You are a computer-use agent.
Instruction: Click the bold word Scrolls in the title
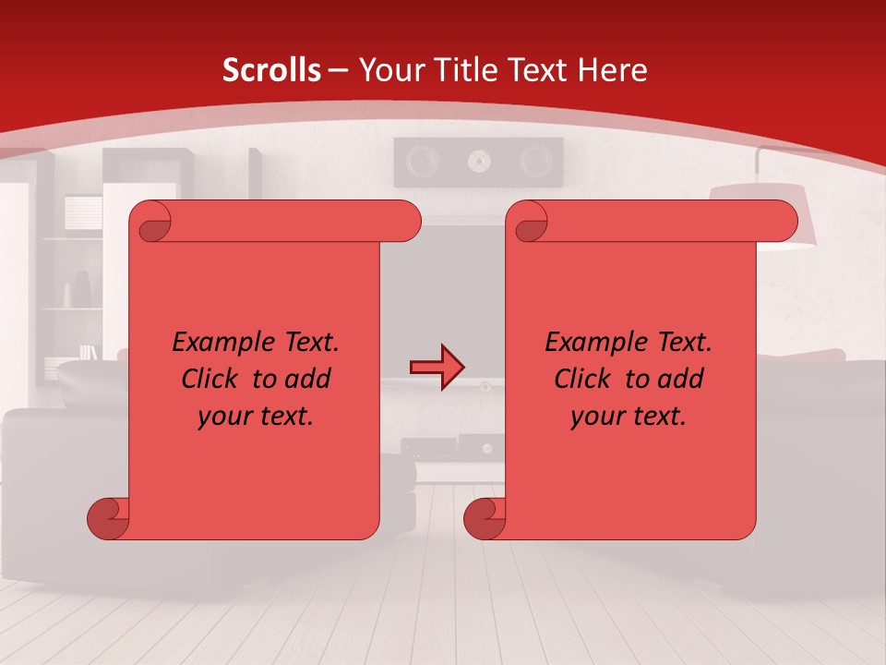click(272, 70)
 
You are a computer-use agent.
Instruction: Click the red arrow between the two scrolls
click(437, 368)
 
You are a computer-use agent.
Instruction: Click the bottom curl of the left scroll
click(109, 518)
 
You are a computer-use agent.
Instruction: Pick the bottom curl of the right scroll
click(485, 518)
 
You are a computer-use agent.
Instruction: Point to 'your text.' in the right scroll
click(629, 417)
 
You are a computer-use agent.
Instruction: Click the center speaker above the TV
click(478, 162)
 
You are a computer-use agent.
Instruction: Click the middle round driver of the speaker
click(478, 163)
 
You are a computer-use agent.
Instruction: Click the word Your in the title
click(388, 70)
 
